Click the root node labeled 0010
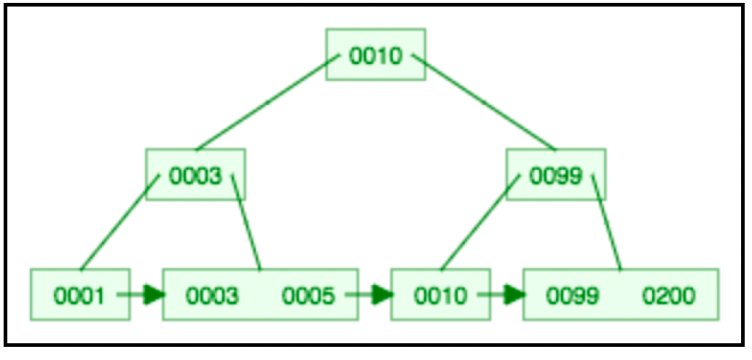tap(375, 54)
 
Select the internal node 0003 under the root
tap(196, 174)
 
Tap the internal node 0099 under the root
tap(556, 174)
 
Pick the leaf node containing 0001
tap(80, 294)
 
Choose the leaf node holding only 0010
tap(440, 294)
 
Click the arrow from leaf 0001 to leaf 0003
tap(141, 295)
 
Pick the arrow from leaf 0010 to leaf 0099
tap(501, 295)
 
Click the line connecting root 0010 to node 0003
tap(267, 102)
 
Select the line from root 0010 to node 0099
tap(484, 102)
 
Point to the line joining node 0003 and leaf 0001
tap(120, 222)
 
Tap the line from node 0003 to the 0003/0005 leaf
tap(246, 222)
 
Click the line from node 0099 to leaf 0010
tap(480, 222)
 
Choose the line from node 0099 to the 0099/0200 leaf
tap(607, 222)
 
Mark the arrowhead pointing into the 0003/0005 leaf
tap(155, 295)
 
